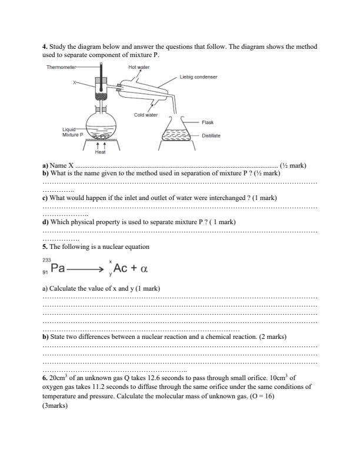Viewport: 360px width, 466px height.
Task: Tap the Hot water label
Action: click(x=139, y=68)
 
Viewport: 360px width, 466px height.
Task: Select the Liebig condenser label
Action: click(x=198, y=76)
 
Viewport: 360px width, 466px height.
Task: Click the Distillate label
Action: click(x=211, y=135)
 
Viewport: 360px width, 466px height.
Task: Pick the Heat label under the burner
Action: click(x=100, y=152)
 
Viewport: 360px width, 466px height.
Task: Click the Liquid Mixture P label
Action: click(x=74, y=132)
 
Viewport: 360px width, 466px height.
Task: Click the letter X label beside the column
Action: click(x=75, y=83)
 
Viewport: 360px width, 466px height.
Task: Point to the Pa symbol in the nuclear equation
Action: click(x=58, y=268)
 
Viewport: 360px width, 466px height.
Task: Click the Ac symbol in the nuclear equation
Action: click(x=121, y=268)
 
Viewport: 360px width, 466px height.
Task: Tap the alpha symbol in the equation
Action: click(x=143, y=269)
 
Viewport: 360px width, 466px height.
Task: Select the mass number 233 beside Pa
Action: click(x=47, y=259)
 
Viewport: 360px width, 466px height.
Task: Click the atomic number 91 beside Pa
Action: click(x=46, y=272)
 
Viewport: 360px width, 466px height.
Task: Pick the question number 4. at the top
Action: click(x=45, y=46)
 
